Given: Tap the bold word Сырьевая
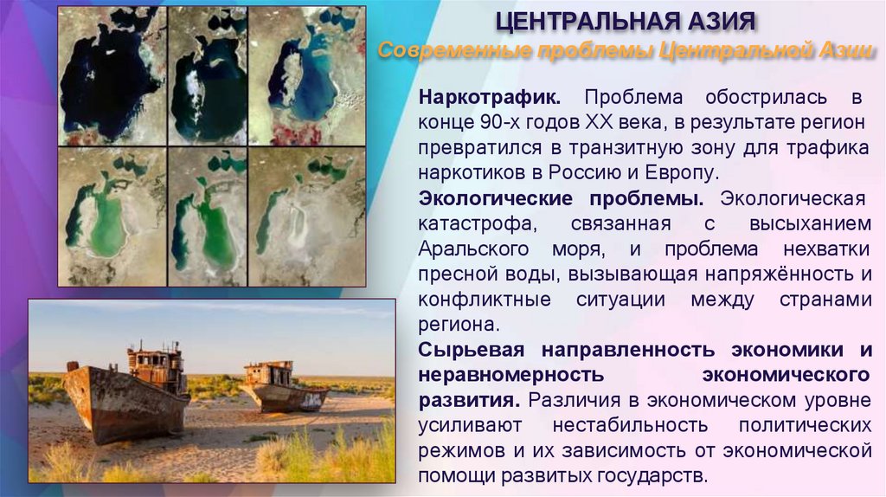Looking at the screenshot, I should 474,351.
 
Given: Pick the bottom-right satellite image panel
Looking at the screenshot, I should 307,216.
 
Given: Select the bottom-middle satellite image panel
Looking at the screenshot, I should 208,216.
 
